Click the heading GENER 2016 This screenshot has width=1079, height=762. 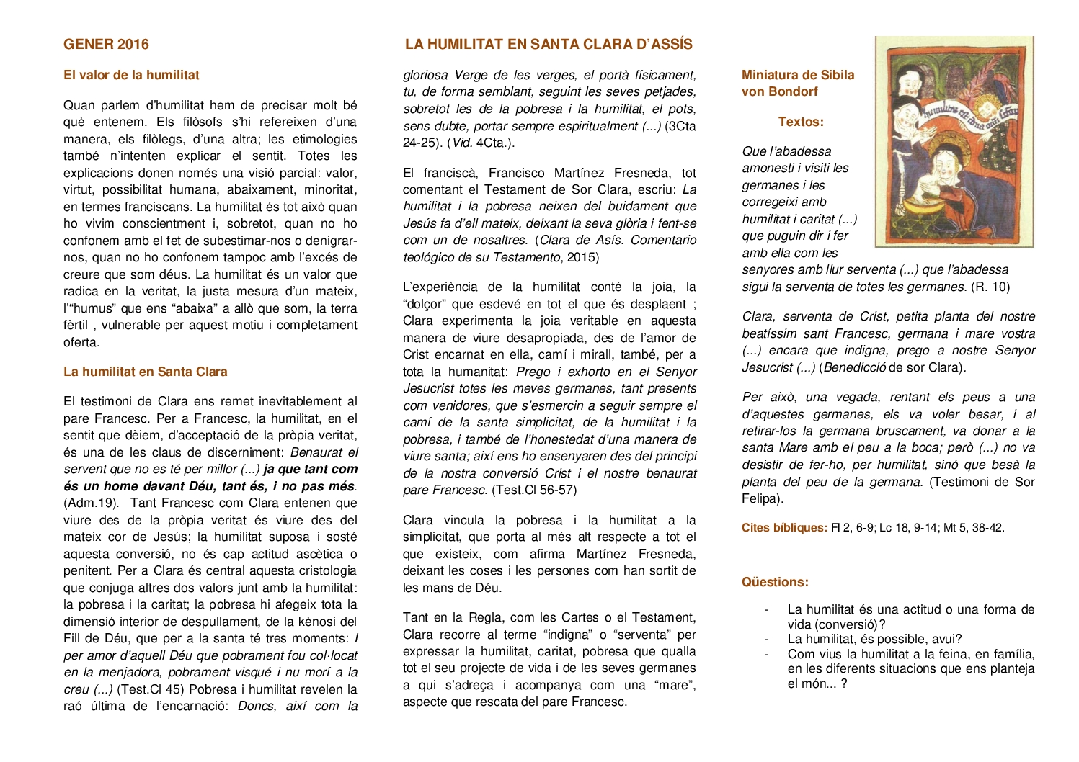[x=106, y=44]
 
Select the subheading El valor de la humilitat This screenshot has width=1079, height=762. [x=131, y=75]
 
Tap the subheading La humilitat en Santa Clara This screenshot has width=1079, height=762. [x=145, y=372]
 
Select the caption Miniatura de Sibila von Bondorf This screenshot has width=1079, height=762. [x=797, y=83]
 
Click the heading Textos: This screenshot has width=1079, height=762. [x=801, y=122]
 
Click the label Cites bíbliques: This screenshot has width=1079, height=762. [x=784, y=528]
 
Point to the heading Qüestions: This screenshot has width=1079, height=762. [x=775, y=582]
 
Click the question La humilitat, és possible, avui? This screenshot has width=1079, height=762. [x=874, y=639]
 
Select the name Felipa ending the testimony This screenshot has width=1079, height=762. [x=760, y=498]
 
